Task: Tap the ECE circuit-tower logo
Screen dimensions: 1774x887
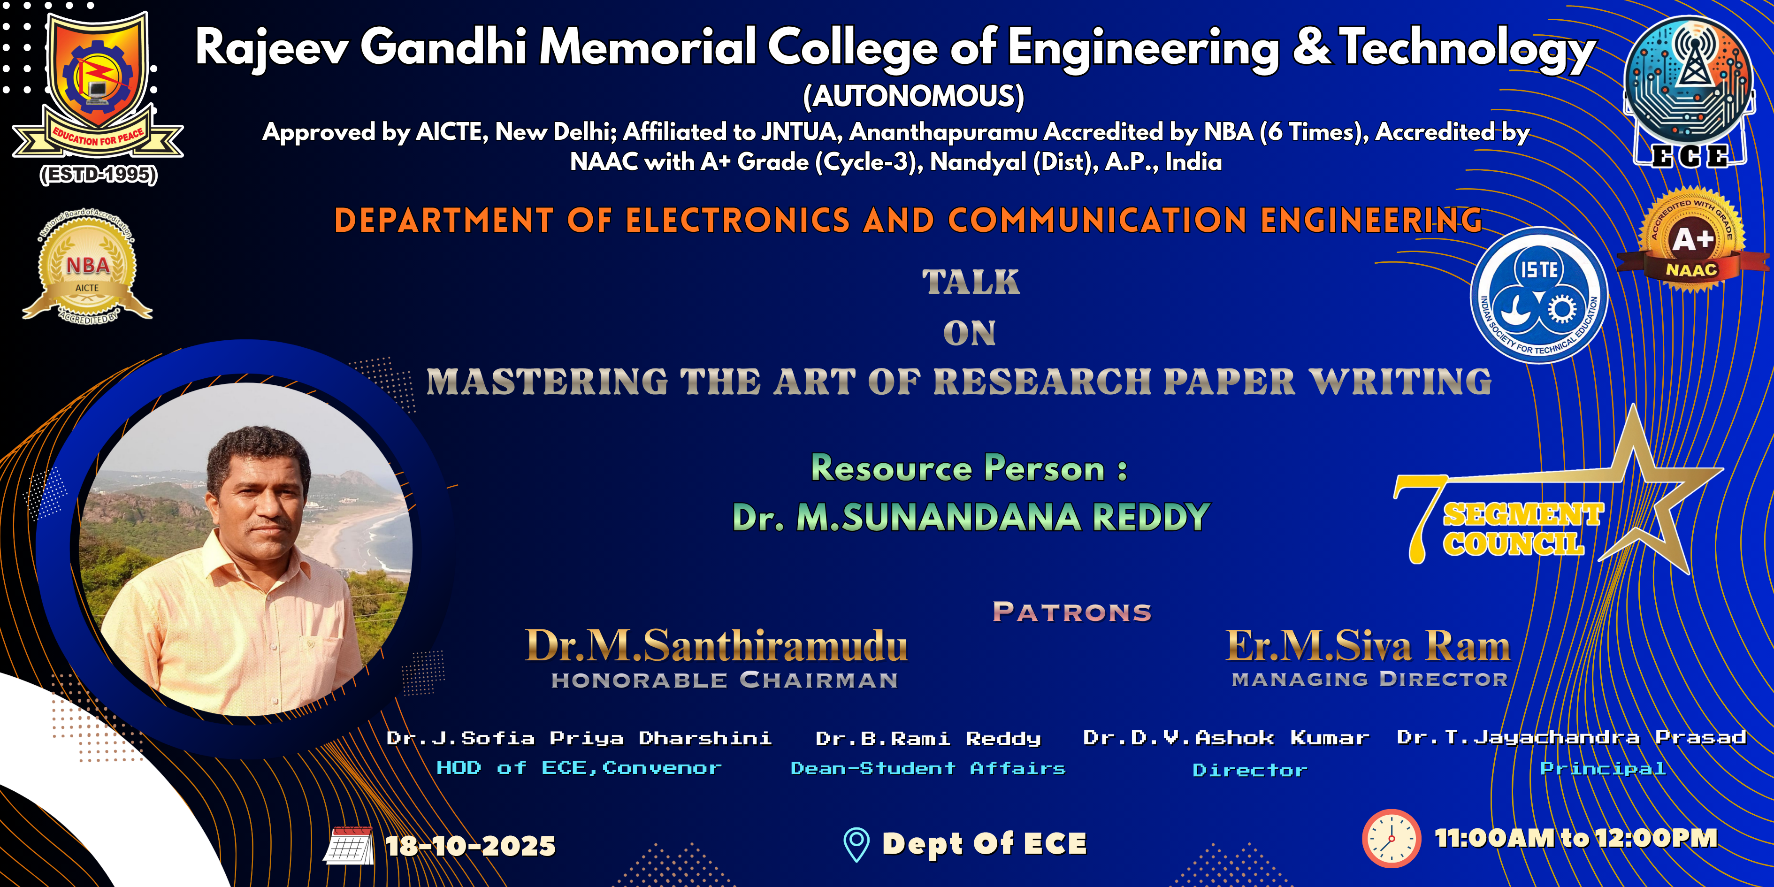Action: click(x=1689, y=92)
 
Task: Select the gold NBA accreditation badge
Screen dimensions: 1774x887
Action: click(x=87, y=267)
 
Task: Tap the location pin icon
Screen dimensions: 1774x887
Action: click(x=856, y=844)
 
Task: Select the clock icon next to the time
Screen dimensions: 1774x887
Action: click(x=1391, y=839)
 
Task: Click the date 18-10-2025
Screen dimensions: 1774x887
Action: click(x=470, y=846)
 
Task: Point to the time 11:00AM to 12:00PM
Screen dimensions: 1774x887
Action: click(x=1575, y=838)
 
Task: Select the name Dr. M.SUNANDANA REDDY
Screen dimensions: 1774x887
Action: click(x=971, y=517)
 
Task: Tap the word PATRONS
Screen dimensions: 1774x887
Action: click(x=1071, y=612)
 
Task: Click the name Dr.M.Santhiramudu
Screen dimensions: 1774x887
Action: click(x=716, y=645)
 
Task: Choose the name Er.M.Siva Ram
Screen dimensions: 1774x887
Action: click(x=1368, y=645)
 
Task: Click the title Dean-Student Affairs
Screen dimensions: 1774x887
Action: click(x=928, y=768)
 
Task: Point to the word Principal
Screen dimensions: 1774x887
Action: click(x=1603, y=769)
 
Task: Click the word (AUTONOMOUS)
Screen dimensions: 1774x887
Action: click(x=914, y=96)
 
